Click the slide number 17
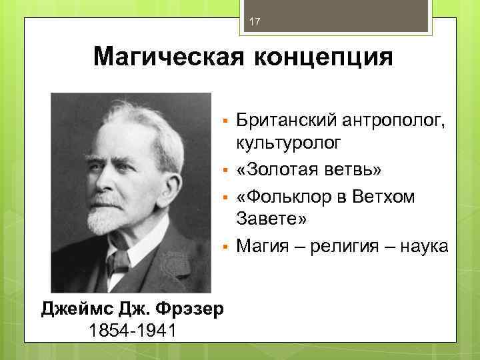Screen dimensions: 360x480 253,23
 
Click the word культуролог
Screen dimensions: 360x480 287,143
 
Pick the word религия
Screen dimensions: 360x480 344,246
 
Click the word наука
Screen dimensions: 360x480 424,246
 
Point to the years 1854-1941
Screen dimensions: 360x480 132,329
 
